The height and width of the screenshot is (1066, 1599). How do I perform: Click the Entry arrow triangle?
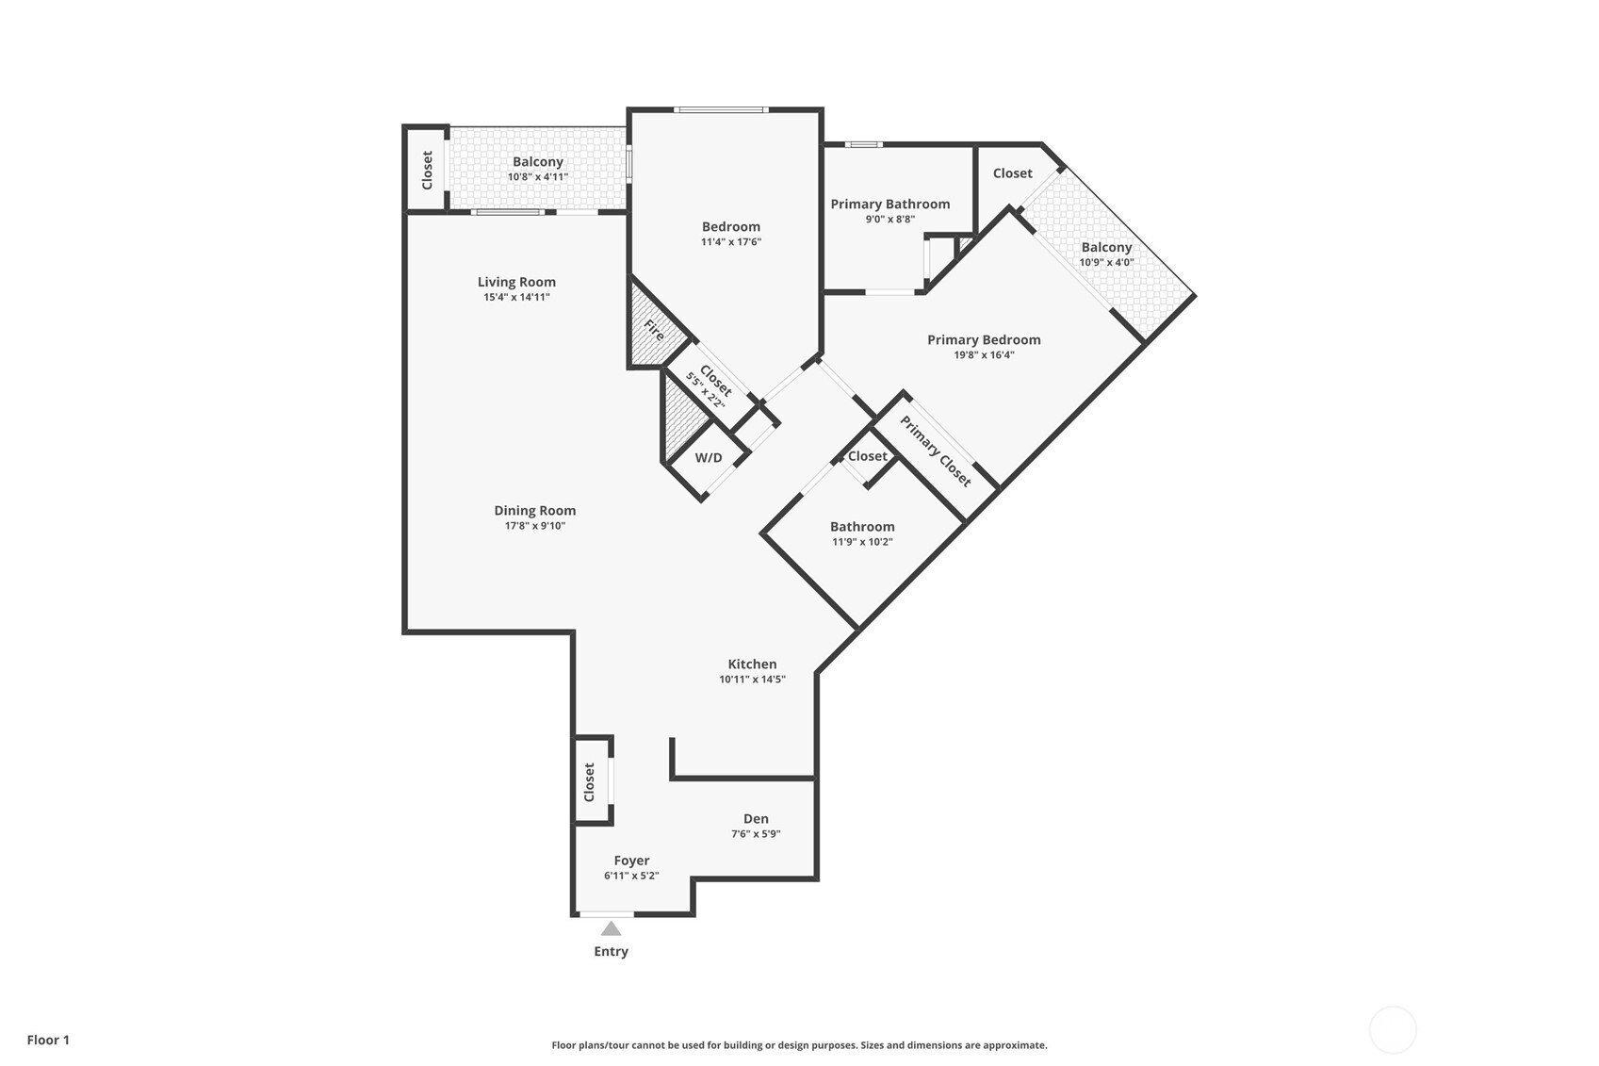click(x=611, y=929)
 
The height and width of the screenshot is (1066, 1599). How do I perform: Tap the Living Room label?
click(x=516, y=282)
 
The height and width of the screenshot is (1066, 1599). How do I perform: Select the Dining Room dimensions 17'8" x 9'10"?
click(x=534, y=526)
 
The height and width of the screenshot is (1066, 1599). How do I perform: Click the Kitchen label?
click(x=752, y=664)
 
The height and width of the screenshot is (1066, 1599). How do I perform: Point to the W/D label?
click(x=709, y=458)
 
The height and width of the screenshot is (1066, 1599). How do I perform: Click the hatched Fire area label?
click(x=654, y=330)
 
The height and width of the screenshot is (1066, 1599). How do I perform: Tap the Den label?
click(x=756, y=819)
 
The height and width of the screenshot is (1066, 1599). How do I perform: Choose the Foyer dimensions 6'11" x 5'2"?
click(x=631, y=876)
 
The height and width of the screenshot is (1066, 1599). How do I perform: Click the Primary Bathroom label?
click(x=889, y=204)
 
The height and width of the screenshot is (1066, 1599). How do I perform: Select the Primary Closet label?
click(x=935, y=451)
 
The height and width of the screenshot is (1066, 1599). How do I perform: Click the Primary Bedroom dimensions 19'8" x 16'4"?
click(x=984, y=355)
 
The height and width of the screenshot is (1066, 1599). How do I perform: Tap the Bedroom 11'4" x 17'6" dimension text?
click(x=730, y=242)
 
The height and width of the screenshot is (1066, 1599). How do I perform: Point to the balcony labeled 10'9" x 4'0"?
click(x=1106, y=254)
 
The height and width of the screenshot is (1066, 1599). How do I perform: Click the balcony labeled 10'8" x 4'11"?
click(x=537, y=169)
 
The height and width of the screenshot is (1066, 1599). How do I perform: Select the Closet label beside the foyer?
click(x=590, y=782)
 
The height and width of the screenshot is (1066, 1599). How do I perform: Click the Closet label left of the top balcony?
click(x=427, y=170)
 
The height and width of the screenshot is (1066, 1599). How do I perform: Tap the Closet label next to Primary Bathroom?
click(x=1012, y=173)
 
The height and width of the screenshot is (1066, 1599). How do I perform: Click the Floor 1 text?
click(x=48, y=1040)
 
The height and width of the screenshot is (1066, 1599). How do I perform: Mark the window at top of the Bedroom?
click(x=721, y=110)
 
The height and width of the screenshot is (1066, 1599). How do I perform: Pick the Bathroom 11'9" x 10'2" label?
click(x=861, y=533)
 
